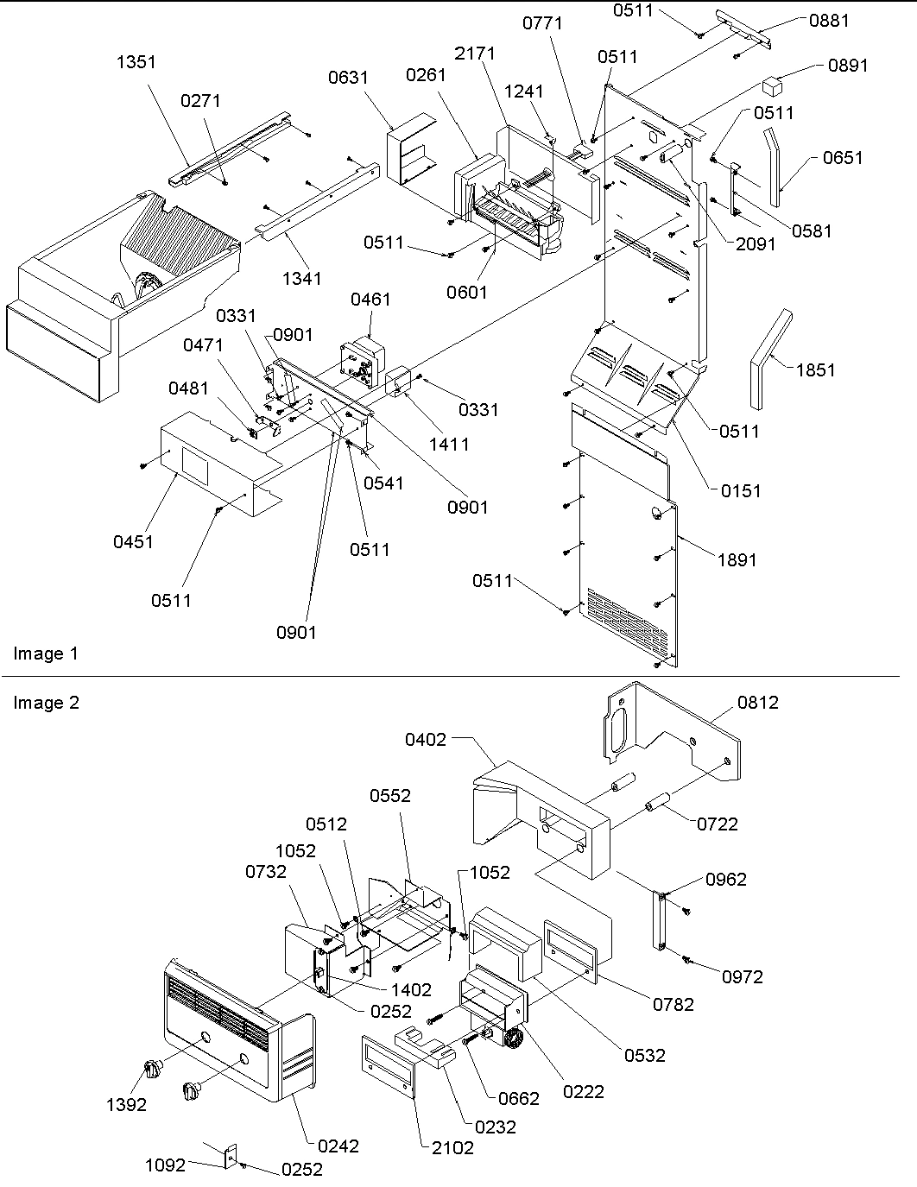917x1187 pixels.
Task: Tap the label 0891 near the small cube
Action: click(847, 66)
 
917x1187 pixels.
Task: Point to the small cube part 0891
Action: click(772, 85)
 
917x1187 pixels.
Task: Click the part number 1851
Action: click(815, 369)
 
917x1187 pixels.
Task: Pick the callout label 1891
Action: click(736, 559)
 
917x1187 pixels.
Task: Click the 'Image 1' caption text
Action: click(46, 653)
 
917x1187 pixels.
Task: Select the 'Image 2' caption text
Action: click(46, 703)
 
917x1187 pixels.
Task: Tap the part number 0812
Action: click(757, 703)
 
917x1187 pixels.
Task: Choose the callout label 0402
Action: click(427, 739)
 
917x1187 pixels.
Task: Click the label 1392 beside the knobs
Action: click(126, 1104)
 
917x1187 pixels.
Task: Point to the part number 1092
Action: click(165, 1165)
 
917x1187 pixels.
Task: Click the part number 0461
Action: click(370, 300)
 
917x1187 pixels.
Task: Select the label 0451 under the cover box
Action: click(133, 541)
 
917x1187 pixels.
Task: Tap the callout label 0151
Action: click(741, 490)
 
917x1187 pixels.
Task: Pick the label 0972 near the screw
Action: click(743, 976)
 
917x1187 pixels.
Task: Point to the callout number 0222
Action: click(584, 1091)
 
